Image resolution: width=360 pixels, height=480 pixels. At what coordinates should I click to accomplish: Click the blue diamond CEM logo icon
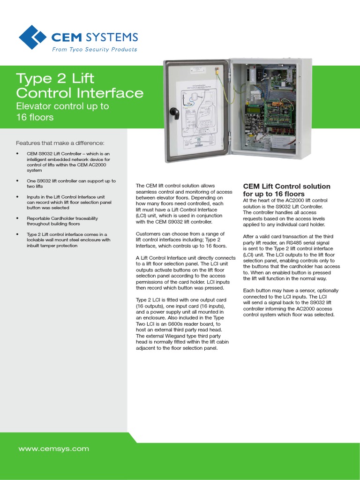[x=33, y=37]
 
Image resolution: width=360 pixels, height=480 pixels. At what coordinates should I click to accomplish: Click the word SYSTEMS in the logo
[x=115, y=37]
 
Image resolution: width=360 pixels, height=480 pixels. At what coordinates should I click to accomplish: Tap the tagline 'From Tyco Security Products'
[x=94, y=49]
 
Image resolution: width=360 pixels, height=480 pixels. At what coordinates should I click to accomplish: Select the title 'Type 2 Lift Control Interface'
[x=80, y=85]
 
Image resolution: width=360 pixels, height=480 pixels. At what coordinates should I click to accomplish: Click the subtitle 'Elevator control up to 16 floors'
[x=62, y=112]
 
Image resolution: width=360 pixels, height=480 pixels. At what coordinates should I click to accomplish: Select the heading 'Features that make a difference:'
[x=60, y=143]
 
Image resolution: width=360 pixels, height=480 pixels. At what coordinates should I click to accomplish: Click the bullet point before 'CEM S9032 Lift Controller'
[x=17, y=154]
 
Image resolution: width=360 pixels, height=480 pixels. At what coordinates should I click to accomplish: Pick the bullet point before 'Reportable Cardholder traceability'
[x=17, y=218]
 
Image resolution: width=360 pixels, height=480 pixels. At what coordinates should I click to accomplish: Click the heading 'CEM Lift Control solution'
[x=286, y=187]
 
